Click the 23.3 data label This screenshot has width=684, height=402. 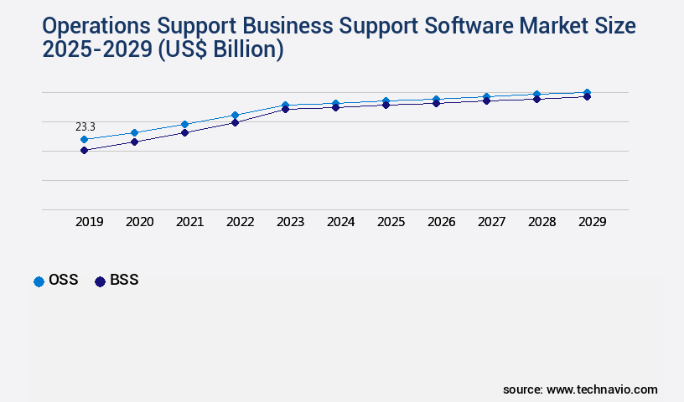pos(85,126)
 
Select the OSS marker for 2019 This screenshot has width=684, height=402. pos(84,140)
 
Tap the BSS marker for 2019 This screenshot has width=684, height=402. pos(84,151)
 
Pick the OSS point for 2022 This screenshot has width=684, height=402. pos(235,115)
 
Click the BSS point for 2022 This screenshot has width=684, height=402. pos(235,122)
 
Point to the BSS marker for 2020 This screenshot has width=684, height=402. pos(134,142)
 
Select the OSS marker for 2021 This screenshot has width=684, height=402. pos(184,124)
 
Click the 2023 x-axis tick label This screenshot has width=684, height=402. pos(290,222)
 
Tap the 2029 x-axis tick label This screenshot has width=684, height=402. pos(592,222)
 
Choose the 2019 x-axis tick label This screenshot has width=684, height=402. pos(89,222)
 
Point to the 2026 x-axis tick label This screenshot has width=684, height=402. pos(441,222)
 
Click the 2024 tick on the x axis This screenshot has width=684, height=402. pos(340,222)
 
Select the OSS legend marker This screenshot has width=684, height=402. pos(39,281)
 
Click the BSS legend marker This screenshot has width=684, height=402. pos(100,281)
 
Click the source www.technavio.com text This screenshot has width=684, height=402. pos(580,389)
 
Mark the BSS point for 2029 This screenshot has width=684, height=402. pos(587,96)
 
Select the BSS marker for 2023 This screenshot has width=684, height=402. pos(285,109)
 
